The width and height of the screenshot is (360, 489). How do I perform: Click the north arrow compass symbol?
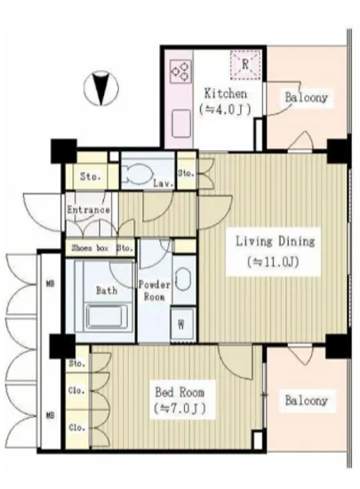101,88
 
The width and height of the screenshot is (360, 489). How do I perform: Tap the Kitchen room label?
226,93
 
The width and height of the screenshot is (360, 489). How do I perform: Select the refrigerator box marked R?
245,65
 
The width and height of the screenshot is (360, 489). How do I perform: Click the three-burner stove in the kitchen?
180,71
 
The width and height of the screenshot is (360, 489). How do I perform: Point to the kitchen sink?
181,124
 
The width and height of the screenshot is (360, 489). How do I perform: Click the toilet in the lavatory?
136,173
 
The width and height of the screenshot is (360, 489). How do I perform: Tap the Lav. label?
163,183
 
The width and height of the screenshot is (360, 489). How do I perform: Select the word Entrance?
89,210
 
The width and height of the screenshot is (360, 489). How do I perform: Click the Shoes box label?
90,248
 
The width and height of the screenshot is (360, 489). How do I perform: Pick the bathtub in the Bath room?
107,316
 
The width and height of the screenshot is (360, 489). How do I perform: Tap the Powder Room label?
155,291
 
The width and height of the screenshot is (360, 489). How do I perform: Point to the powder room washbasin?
181,278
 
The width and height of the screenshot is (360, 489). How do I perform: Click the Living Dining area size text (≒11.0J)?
274,262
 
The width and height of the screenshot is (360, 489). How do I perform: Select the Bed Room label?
180,392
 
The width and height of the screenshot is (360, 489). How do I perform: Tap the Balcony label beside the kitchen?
307,97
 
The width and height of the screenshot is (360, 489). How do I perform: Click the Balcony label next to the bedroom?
307,400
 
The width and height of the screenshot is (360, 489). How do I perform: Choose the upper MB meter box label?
50,284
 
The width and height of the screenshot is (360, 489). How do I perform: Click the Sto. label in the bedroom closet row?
76,364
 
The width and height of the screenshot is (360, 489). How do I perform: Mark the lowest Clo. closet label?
76,428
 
